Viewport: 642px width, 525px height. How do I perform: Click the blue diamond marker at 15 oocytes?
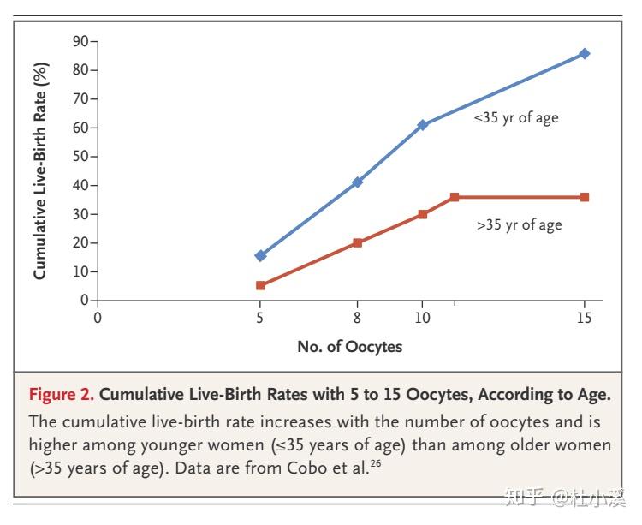tap(585, 53)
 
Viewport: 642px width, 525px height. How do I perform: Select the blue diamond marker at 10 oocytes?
tap(423, 125)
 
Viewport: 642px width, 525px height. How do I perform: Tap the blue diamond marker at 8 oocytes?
tap(358, 182)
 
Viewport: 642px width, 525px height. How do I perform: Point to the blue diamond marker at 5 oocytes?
tap(260, 255)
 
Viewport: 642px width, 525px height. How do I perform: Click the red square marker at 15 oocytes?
tap(585, 197)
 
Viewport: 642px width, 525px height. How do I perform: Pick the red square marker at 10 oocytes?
tap(423, 214)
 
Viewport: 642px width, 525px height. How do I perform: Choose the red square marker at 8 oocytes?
tap(358, 242)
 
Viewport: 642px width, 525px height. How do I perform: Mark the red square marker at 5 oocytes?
tap(260, 285)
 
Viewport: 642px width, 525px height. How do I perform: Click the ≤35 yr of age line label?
tap(516, 118)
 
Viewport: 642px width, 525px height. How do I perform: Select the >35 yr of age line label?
tap(519, 225)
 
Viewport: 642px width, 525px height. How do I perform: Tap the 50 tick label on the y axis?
tap(80, 157)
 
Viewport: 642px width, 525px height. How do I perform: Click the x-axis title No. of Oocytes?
tap(349, 347)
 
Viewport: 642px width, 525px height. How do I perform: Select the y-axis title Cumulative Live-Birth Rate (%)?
tap(40, 170)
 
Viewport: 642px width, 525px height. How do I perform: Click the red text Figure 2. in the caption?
tap(62, 395)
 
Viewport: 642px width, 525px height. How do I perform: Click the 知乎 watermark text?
tap(523, 498)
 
